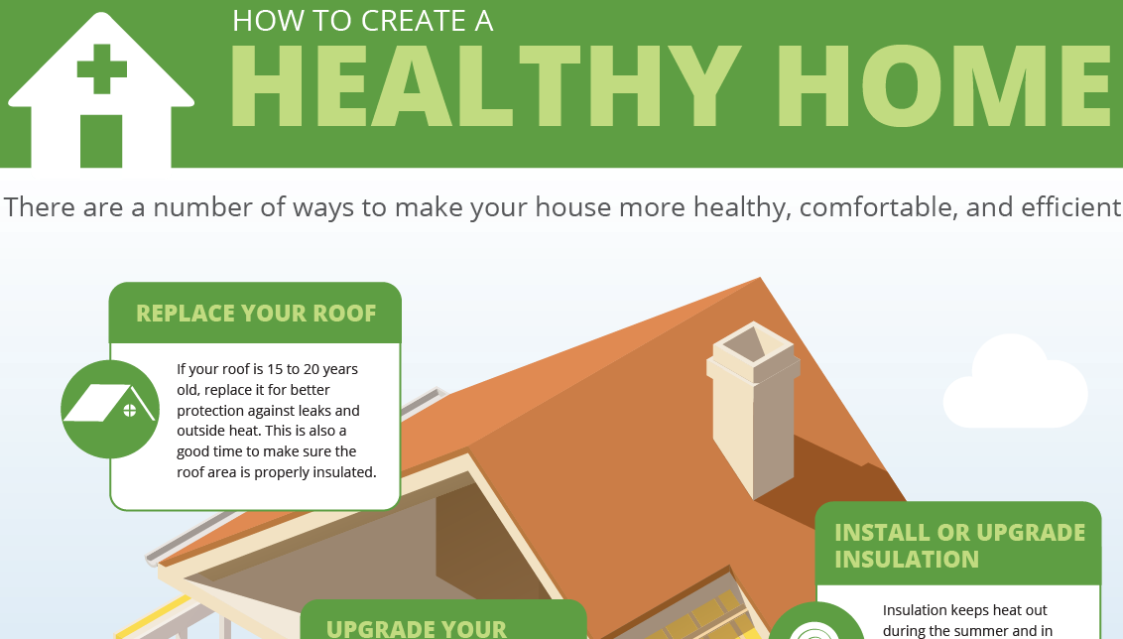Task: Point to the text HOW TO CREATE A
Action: coord(362,21)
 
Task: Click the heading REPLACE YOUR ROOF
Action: coord(256,314)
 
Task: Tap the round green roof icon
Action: coord(110,409)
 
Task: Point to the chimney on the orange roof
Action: coord(753,417)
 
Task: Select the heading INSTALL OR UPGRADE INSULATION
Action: coord(959,546)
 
